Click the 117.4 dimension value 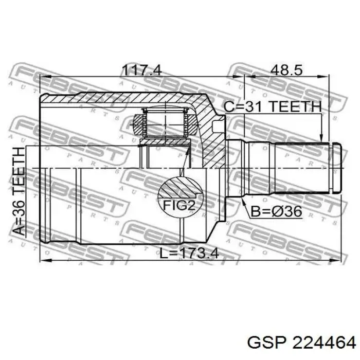[x=142, y=70]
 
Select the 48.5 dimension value [x=286, y=70]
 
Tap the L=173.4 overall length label [x=189, y=253]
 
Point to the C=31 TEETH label [x=272, y=107]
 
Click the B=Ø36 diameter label [x=276, y=211]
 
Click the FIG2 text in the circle [x=179, y=205]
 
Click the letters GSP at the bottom [x=267, y=343]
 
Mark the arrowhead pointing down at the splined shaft [x=321, y=138]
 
